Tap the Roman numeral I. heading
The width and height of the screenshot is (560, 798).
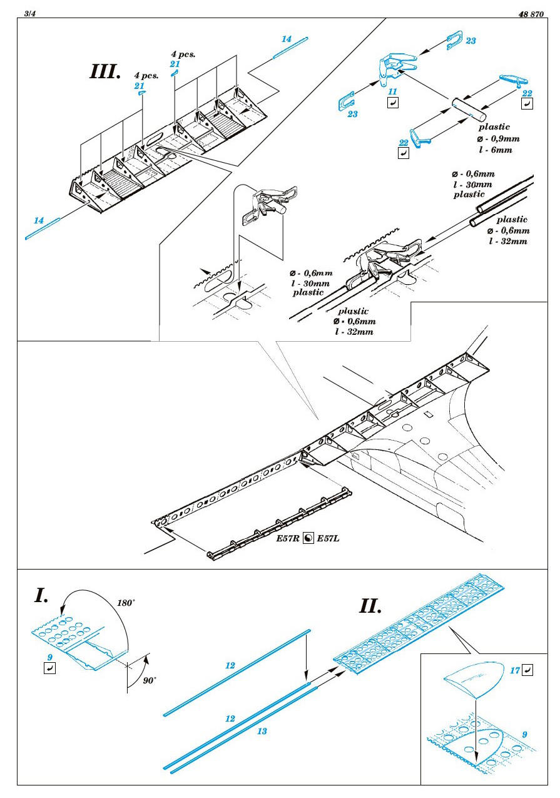[41, 595]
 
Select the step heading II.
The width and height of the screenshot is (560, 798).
[372, 606]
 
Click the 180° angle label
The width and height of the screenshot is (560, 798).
[126, 603]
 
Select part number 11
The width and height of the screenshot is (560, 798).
[393, 91]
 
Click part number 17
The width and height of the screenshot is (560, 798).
[515, 670]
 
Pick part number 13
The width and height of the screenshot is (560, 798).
[262, 731]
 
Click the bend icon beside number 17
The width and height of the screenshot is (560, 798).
[528, 671]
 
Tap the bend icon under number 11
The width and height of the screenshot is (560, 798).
[393, 103]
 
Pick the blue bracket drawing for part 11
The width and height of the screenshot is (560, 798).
[393, 68]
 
